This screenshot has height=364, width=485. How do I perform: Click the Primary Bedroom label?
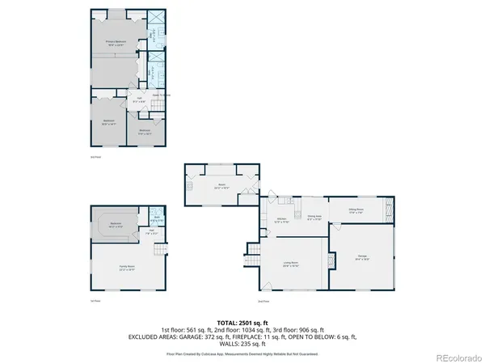121,41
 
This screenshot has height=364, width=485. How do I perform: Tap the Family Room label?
128,267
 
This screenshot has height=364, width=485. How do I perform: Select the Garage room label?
363,258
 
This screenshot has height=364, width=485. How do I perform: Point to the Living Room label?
290,265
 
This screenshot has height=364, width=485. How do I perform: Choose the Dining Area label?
314,217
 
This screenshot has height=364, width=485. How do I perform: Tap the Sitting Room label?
356,210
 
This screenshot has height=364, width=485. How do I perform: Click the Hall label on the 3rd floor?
139,100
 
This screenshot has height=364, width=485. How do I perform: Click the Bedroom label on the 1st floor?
116,224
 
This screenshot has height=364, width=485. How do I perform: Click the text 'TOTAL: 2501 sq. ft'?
242,323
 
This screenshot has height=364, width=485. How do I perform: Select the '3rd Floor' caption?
95,157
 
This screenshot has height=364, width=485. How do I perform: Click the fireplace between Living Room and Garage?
330,263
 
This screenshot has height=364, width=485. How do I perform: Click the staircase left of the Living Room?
251,252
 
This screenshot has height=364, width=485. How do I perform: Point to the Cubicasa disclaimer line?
242,353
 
